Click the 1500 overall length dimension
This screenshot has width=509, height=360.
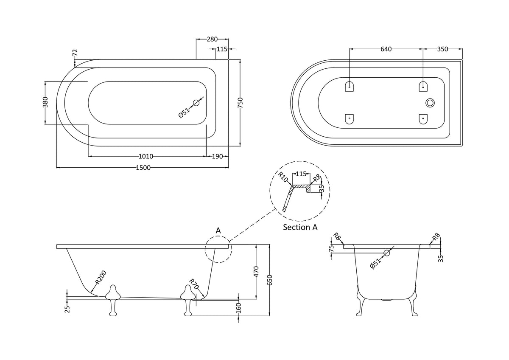[x=143, y=168]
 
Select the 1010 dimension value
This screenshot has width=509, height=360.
[x=145, y=157]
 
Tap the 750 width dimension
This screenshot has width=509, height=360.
[x=240, y=103]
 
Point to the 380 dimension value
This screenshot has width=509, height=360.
[x=45, y=102]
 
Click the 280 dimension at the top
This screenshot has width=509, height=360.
[x=212, y=39]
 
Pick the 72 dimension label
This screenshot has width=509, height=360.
[x=76, y=53]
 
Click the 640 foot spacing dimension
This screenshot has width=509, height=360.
[x=386, y=49]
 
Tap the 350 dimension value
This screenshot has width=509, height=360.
[x=442, y=49]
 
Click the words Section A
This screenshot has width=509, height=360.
[x=300, y=228]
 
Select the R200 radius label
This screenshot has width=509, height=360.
[x=100, y=277]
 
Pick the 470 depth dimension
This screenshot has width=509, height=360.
[x=256, y=272]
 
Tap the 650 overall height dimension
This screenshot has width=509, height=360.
[x=270, y=281]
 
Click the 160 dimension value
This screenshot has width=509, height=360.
[x=238, y=307]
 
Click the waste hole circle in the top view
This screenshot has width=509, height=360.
[x=196, y=103]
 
